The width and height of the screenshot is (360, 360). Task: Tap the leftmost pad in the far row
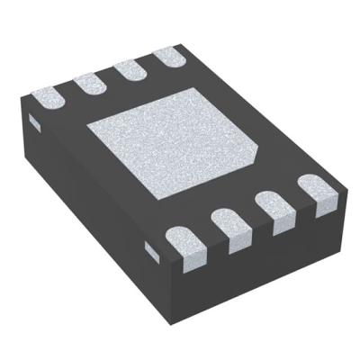click(48, 94)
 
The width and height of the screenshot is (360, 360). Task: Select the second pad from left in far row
click(88, 83)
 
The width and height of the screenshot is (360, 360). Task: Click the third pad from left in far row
click(128, 71)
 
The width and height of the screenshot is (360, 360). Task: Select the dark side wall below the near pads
click(261, 261)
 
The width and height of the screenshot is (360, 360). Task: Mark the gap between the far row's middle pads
click(108, 78)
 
